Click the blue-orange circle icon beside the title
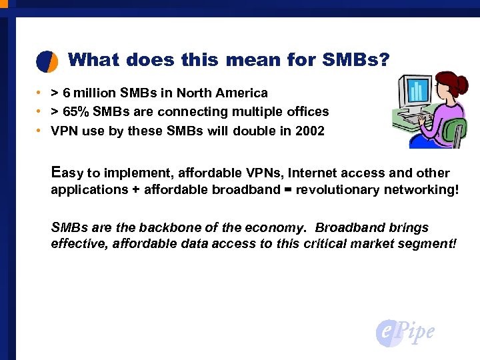pos(47,61)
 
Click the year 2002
pos(309,131)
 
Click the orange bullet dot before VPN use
pos(40,131)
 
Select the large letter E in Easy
pos(57,171)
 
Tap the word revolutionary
pos(339,189)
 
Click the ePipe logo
pos(405,331)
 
